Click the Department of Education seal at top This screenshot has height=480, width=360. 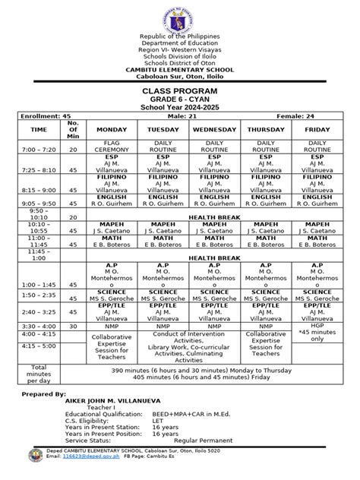click(x=180, y=16)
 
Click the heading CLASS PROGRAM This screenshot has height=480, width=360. click(x=179, y=90)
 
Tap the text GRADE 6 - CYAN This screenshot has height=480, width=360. click(x=179, y=99)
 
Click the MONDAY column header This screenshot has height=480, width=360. click(x=110, y=130)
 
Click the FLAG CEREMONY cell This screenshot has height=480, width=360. click(x=110, y=147)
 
